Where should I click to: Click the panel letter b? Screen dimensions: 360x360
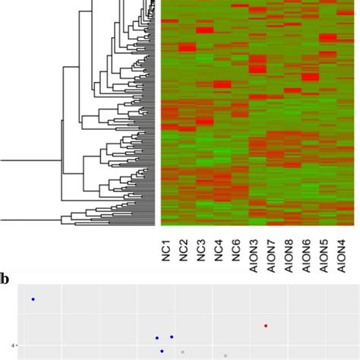tap(5, 279)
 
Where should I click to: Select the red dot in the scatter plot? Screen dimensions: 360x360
tap(266, 325)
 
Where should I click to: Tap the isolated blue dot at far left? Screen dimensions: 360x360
tap(33, 299)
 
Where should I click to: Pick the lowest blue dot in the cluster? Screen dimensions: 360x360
tap(162, 351)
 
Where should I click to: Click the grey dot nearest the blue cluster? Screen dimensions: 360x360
tap(182, 352)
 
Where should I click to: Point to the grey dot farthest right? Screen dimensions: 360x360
tap(226, 355)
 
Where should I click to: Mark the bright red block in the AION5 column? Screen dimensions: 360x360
tap(327, 38)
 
